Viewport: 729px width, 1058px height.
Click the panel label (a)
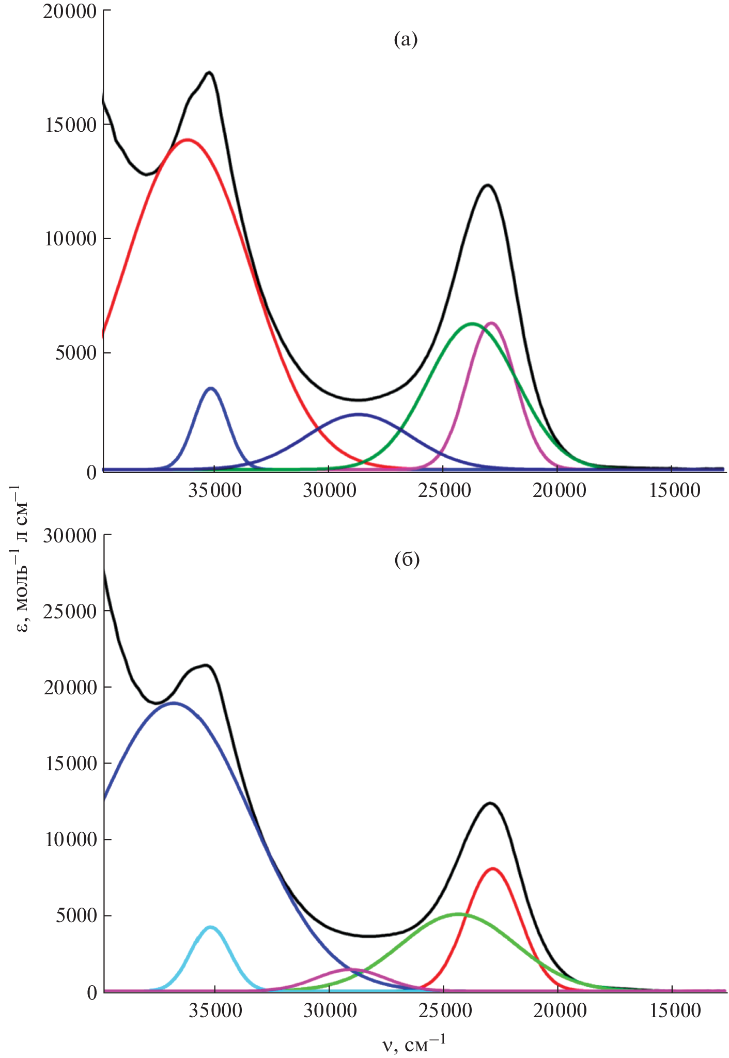tap(405, 39)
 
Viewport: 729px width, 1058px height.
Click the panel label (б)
tap(407, 559)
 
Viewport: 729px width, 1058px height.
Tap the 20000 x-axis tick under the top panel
tap(557, 490)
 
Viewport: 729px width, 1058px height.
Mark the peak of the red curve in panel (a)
tap(187, 139)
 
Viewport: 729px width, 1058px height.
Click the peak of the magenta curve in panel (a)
tap(491, 323)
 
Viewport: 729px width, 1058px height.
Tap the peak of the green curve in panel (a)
tap(471, 324)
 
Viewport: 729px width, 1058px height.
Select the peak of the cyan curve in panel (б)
tap(210, 927)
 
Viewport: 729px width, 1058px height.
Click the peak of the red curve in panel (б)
tap(492, 868)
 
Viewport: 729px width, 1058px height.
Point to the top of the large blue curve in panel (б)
tap(174, 703)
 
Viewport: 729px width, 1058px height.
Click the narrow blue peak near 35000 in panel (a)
tap(211, 388)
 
